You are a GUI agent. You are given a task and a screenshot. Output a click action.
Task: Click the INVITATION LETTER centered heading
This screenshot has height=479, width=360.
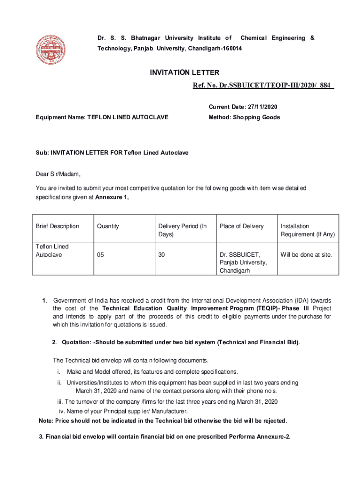click(x=184, y=73)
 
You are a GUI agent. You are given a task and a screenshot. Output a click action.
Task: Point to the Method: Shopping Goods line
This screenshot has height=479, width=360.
click(x=244, y=117)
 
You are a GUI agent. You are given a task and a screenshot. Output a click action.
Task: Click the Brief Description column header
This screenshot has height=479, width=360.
click(x=58, y=226)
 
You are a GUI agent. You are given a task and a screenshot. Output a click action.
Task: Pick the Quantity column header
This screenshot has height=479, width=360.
click(x=108, y=226)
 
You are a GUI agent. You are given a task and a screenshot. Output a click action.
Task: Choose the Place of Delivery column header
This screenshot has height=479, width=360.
click(x=242, y=226)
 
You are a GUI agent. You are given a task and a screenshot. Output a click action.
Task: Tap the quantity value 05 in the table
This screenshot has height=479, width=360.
click(x=101, y=255)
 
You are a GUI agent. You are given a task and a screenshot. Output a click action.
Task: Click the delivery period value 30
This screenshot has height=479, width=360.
click(x=162, y=255)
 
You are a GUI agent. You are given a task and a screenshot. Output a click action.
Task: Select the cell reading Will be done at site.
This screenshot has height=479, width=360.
click(x=306, y=255)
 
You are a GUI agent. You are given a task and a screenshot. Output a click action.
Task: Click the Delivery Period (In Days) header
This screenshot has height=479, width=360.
click(x=182, y=230)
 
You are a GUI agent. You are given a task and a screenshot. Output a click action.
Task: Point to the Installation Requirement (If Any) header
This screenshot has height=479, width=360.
click(x=308, y=230)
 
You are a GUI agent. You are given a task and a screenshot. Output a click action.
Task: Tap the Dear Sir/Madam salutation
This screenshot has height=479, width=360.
click(x=58, y=174)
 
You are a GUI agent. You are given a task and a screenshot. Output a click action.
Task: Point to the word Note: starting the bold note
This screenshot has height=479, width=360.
click(x=47, y=421)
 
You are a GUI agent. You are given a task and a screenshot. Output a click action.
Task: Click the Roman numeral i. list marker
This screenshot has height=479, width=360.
click(x=59, y=371)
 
